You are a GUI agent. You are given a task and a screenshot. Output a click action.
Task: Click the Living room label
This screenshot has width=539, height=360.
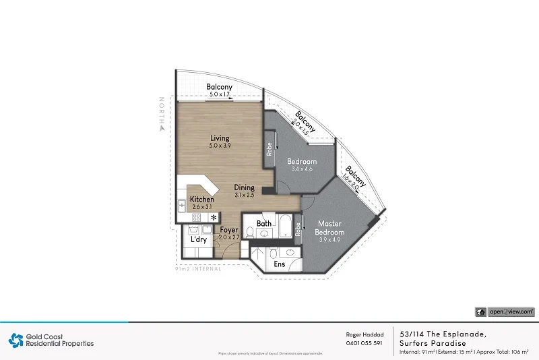[x=220, y=138]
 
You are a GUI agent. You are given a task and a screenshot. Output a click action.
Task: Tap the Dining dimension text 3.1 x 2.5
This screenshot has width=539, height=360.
[x=244, y=195]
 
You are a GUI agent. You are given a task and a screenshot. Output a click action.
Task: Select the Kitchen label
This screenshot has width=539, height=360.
[x=201, y=200]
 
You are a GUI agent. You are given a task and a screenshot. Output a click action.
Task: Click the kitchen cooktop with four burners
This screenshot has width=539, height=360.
[x=198, y=217]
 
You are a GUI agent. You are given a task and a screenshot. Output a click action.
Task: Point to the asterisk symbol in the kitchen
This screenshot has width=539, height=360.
[x=214, y=218]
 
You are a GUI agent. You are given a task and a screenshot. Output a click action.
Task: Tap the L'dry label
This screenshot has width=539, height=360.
[x=199, y=239]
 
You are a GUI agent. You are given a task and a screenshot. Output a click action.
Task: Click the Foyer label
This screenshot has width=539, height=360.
[x=229, y=230]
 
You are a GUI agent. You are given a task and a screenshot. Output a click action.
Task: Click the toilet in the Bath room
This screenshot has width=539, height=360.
[x=250, y=233]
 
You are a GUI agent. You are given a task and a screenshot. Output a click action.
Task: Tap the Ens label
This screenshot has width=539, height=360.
[x=279, y=264]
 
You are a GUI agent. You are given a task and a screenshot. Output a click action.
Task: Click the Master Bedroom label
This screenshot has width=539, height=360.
[x=330, y=228]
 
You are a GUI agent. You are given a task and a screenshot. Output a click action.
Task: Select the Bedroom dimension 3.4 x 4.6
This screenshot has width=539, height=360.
[x=301, y=170]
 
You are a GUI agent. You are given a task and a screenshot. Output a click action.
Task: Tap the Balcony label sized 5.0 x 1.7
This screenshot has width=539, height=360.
[x=219, y=87]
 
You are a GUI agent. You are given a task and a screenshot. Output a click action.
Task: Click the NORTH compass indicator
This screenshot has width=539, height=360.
[x=161, y=115]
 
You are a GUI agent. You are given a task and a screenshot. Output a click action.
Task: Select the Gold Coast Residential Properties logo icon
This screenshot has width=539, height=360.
[x=15, y=340]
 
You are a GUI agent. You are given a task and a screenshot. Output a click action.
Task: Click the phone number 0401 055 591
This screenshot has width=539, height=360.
[x=364, y=343]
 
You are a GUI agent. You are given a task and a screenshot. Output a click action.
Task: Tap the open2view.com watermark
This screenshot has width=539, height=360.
[x=505, y=311]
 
